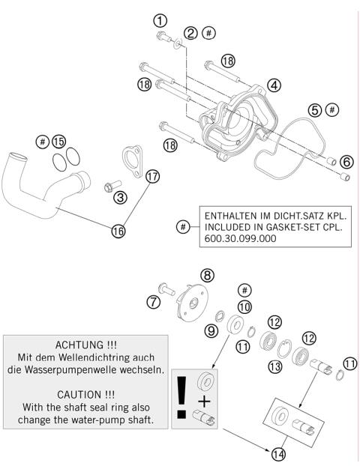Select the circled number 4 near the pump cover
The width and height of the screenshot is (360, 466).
274,85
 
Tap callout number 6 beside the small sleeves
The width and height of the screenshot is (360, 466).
346,161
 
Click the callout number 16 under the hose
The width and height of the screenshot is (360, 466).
118,231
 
